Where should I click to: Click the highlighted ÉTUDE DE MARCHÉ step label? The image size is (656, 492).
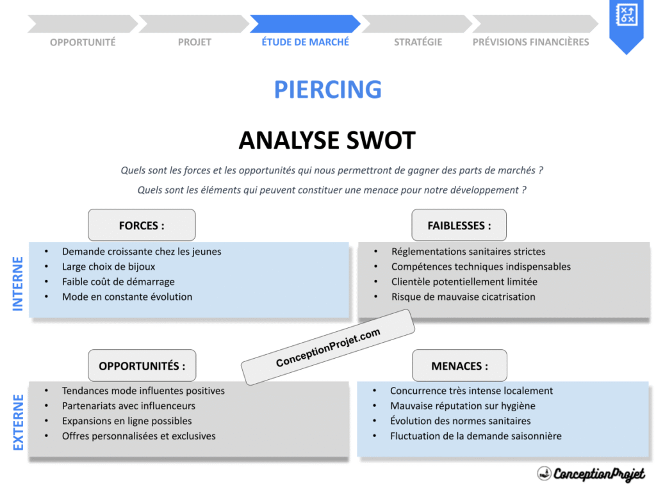[305, 42]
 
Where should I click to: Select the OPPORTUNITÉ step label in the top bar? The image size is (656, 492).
[83, 42]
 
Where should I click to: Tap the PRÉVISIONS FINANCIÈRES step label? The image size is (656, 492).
[530, 42]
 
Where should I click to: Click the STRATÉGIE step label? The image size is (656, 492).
[418, 42]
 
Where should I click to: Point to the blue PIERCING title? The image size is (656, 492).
[327, 90]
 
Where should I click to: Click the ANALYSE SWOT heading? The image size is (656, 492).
[327, 140]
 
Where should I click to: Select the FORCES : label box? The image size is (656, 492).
[142, 225]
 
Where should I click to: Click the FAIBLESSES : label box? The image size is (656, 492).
[459, 225]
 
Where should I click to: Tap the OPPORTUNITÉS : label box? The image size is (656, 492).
[142, 366]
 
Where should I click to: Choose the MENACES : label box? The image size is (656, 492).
[459, 366]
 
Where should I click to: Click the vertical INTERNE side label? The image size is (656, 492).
[18, 283]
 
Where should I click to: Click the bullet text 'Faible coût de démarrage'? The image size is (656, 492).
[118, 282]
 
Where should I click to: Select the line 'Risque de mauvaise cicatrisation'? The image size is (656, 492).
[463, 297]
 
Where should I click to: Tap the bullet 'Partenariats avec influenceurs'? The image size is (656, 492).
[128, 406]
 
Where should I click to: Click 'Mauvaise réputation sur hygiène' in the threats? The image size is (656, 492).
[463, 406]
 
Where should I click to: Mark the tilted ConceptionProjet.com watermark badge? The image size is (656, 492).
[328, 347]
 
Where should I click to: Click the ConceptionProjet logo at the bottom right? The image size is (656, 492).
[591, 473]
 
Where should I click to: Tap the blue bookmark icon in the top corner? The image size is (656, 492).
[625, 22]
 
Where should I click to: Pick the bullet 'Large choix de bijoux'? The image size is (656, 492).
[108, 266]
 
